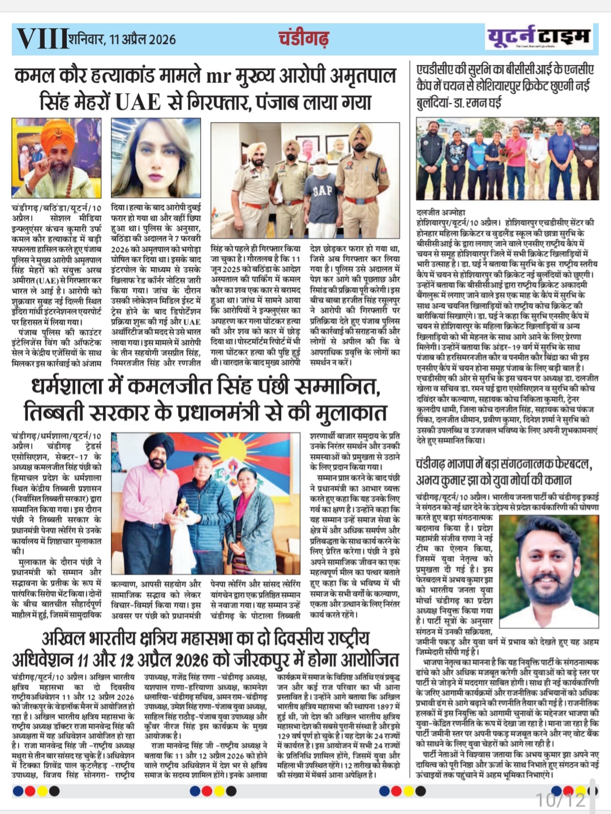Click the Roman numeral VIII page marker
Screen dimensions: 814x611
42,38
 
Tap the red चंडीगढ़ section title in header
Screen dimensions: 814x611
303,38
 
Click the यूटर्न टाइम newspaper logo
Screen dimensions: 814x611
539,37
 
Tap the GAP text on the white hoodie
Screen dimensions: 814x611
321,190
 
